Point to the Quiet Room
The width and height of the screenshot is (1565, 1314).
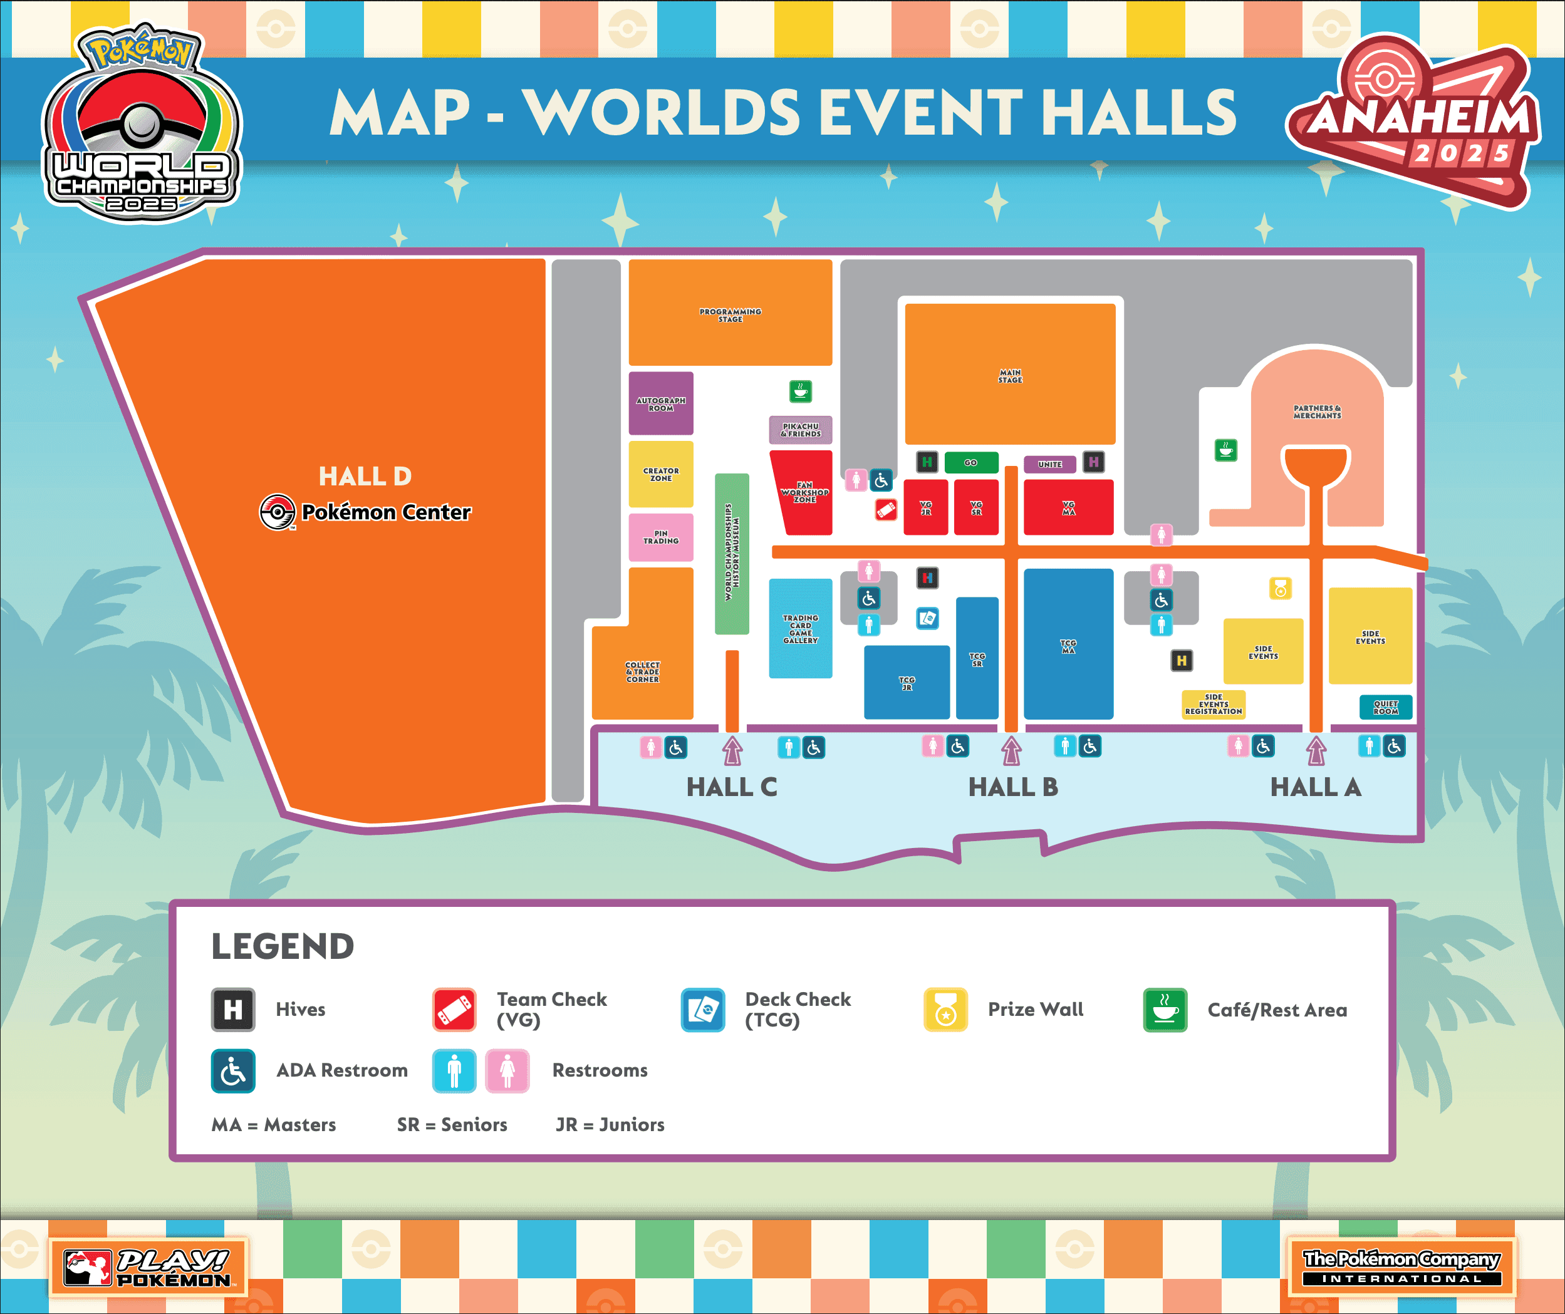coord(1385,707)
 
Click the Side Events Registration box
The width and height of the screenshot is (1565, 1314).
coord(1214,704)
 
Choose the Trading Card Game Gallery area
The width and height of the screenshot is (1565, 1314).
coord(801,628)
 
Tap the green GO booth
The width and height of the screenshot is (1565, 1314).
coord(970,463)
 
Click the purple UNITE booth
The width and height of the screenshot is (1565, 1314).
coord(1049,464)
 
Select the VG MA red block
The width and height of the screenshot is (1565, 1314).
coord(1068,507)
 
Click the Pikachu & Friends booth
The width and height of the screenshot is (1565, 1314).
coord(801,430)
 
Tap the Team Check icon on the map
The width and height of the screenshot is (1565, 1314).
coord(885,510)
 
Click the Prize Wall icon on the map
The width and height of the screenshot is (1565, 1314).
coord(1281,589)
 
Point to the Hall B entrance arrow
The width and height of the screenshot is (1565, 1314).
coord(1011,750)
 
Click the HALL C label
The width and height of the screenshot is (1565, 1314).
coord(731,787)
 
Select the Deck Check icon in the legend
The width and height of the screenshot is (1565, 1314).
coord(702,1010)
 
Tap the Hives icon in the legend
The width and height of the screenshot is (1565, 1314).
coord(232,1010)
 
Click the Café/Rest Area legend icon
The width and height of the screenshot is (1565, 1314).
coord(1165,1010)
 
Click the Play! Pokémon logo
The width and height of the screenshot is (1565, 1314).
coord(148,1267)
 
